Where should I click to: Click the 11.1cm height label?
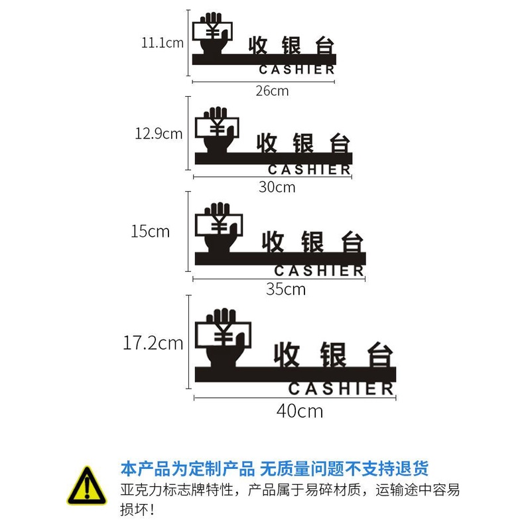162,44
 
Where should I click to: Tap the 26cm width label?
272,91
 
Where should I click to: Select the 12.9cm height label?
159,133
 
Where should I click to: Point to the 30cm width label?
277,187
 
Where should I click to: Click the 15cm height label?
150,231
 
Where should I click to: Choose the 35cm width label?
286,289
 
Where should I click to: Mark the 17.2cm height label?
153,343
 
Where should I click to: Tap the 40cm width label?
300,411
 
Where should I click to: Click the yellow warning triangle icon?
86,486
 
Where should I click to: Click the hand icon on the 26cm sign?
212,34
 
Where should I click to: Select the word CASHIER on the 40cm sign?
341,389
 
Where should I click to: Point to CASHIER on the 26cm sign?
296,70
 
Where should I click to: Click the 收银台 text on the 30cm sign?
303,142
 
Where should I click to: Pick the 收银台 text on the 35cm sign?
314,241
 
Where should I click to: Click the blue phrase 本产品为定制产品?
187,469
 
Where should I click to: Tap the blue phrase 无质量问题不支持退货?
344,469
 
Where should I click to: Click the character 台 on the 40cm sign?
377,354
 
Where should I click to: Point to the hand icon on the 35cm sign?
218,228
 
